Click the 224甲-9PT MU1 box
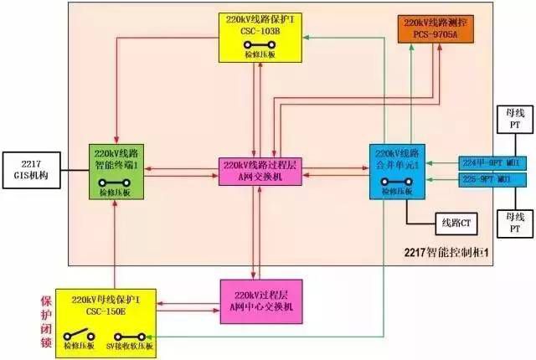click(490, 162)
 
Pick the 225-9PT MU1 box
click(490, 179)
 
